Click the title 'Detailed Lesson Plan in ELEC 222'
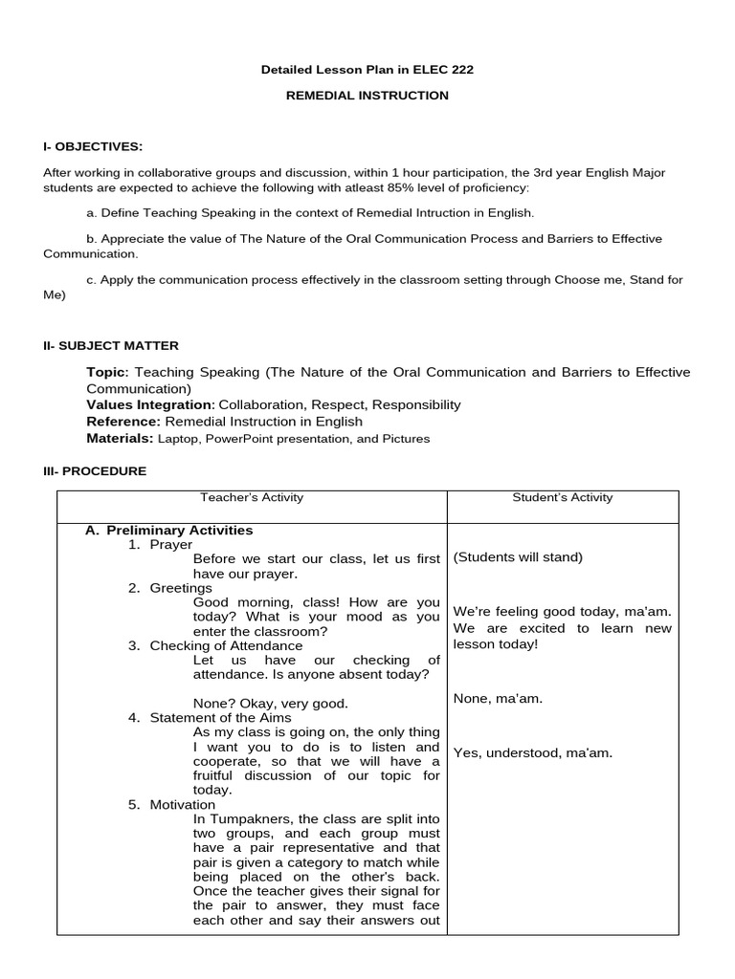click(367, 70)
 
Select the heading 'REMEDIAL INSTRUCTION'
click(367, 96)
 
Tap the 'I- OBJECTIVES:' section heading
click(93, 146)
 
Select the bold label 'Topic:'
click(108, 372)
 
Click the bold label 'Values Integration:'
click(151, 404)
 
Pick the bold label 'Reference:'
click(124, 421)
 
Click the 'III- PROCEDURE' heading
click(95, 471)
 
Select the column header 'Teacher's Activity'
click(252, 497)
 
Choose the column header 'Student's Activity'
click(563, 497)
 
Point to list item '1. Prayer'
click(161, 544)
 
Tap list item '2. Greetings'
click(170, 588)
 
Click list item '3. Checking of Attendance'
click(215, 645)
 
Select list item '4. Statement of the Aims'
click(210, 717)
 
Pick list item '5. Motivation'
click(172, 804)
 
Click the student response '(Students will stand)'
click(518, 557)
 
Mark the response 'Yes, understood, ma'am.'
click(532, 752)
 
